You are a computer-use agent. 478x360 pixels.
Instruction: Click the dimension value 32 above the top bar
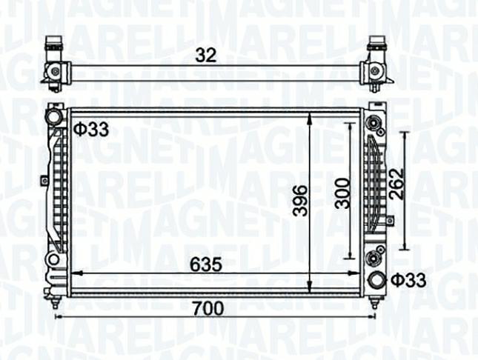point(206,55)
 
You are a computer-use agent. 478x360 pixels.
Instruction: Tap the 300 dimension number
point(342,193)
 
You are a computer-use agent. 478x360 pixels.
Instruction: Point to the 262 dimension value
point(396,184)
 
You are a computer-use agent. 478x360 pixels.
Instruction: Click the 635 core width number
point(206,264)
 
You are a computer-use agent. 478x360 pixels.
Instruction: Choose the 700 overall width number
point(208,308)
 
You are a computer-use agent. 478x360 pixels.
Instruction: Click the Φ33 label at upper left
point(91,130)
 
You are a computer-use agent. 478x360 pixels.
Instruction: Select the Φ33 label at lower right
point(408,280)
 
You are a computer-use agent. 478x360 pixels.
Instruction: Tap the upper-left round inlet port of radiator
point(53,117)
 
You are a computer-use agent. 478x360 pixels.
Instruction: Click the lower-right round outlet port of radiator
point(376,280)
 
